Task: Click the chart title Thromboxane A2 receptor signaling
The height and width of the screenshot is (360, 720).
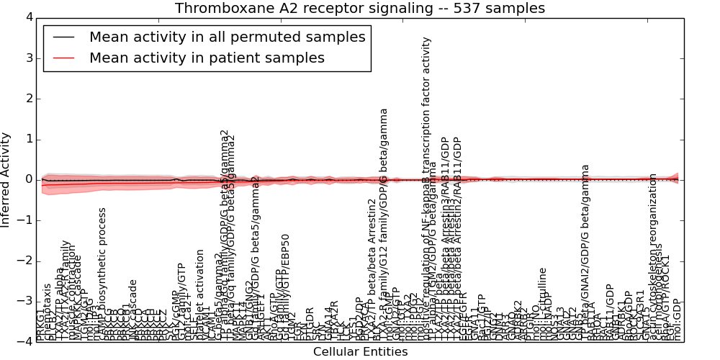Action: point(359,8)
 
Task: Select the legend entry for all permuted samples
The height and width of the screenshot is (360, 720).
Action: point(227,37)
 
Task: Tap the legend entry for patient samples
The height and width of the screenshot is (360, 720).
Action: point(207,58)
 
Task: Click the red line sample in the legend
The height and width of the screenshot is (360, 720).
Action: point(63,58)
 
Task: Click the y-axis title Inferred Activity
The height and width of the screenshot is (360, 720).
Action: point(6,179)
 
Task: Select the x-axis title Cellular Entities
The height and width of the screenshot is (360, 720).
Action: point(360,351)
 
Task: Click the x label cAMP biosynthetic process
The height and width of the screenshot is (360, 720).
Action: point(102,274)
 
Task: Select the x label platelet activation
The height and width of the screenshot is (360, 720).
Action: point(200,295)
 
